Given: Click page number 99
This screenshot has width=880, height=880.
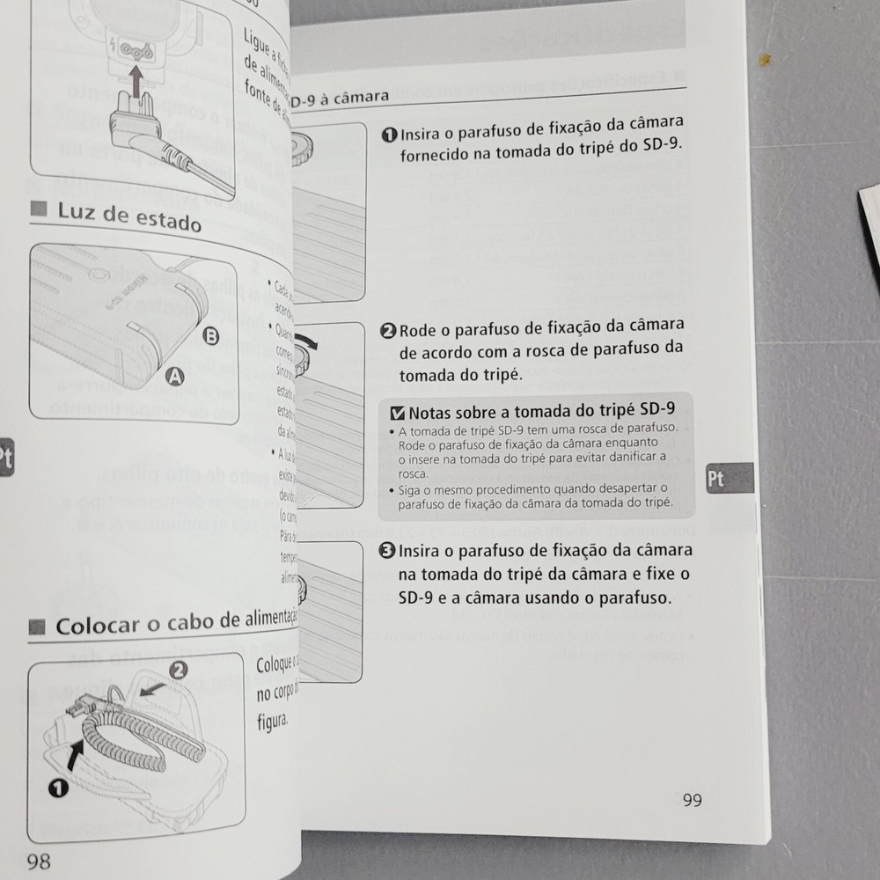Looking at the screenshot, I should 692,799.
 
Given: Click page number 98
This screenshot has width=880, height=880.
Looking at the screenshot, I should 39,860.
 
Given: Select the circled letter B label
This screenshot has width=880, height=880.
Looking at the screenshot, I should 211,335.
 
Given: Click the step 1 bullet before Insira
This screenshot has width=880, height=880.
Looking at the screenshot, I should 389,135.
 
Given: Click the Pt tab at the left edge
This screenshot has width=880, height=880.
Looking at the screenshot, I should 5,458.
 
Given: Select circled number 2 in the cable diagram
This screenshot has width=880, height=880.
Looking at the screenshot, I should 178,670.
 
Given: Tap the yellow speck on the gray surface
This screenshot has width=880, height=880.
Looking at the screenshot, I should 766,60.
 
